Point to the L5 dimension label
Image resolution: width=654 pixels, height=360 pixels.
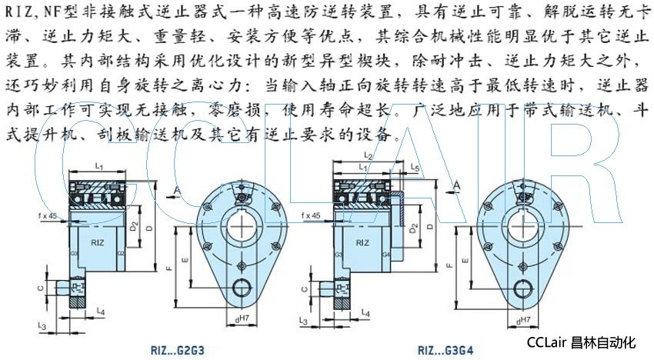point(415,166)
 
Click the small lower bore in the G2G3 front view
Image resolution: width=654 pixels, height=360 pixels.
point(241,292)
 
